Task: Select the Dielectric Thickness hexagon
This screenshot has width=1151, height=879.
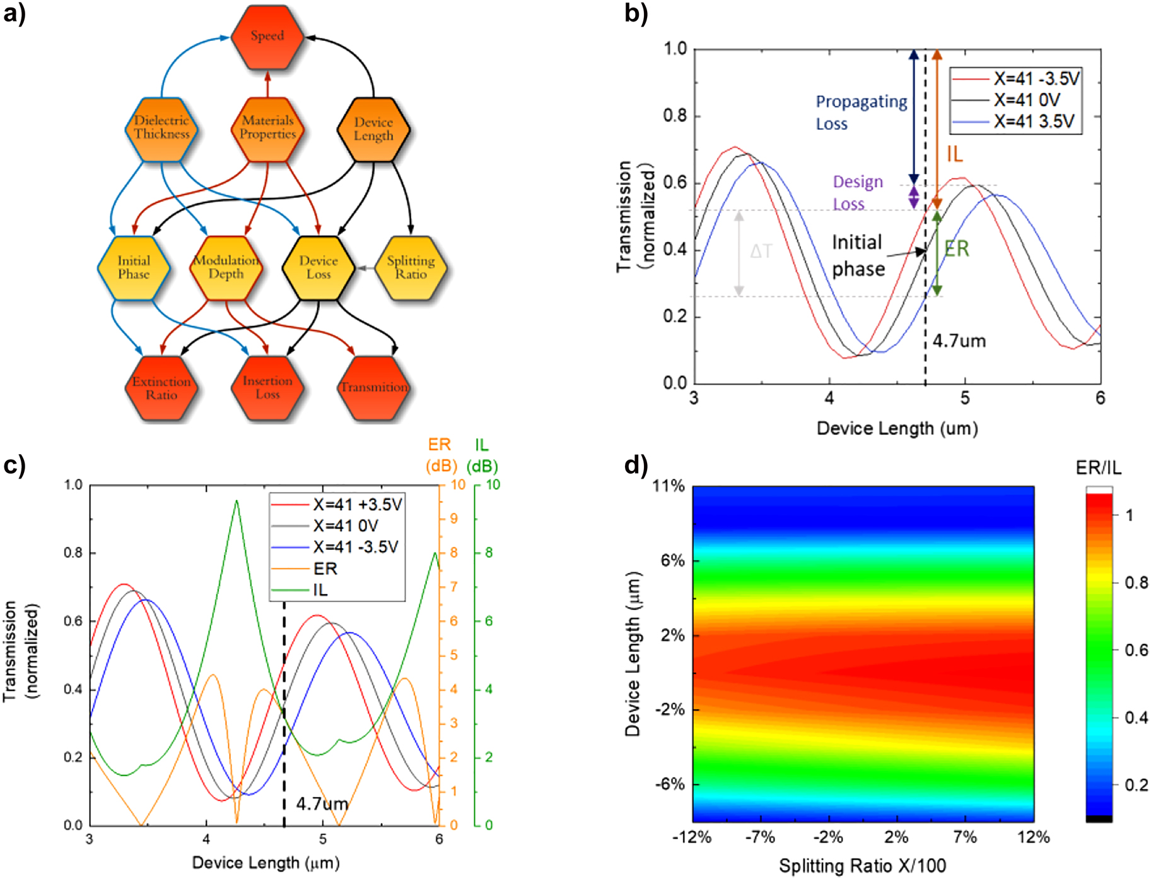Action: (x=161, y=128)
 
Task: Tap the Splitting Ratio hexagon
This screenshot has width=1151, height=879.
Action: (x=411, y=267)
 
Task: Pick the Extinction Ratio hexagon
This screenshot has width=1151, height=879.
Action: (x=161, y=388)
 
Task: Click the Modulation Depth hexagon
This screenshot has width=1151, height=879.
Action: (x=226, y=267)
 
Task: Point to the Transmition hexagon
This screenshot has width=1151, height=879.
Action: (x=374, y=388)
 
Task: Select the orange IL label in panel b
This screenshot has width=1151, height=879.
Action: (x=954, y=154)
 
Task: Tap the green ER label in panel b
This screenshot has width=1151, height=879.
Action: (x=956, y=249)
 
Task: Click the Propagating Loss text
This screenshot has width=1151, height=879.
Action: (x=861, y=112)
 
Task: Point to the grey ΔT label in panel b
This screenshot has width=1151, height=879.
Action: (x=761, y=252)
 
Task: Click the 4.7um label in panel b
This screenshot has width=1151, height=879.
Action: (x=959, y=341)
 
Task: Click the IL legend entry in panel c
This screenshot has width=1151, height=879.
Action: (x=320, y=590)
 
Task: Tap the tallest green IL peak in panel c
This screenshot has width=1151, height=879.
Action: (x=237, y=501)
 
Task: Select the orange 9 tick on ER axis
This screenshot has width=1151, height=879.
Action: (x=453, y=519)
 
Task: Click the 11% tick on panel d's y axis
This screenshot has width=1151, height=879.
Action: (x=668, y=486)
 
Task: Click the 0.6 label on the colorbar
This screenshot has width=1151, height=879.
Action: (x=1136, y=650)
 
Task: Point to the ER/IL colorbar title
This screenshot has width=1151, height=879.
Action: (x=1099, y=468)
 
